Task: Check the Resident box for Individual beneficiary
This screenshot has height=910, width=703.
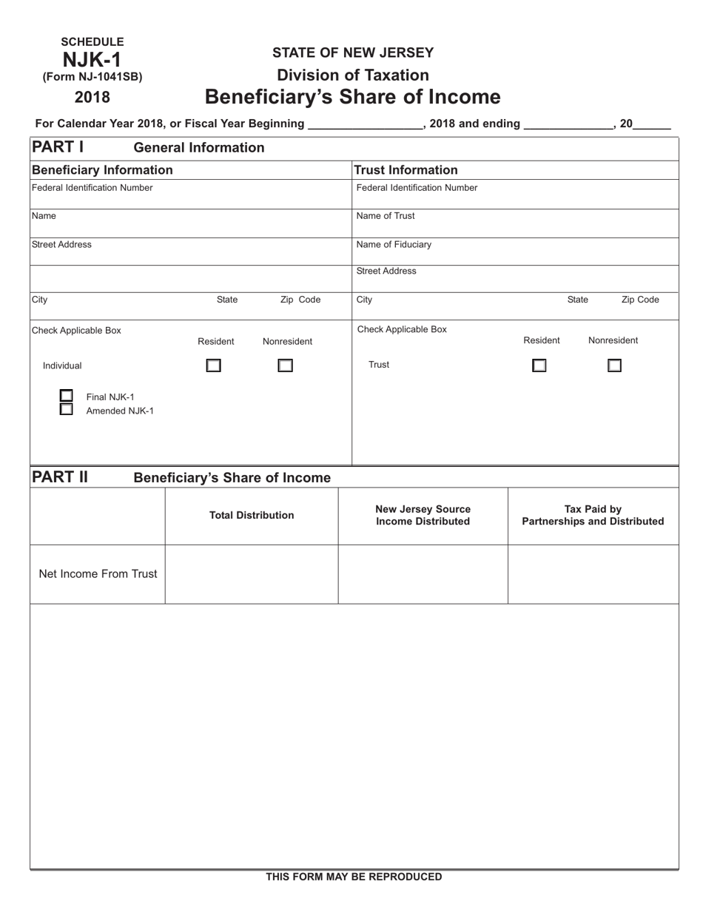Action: pos(213,365)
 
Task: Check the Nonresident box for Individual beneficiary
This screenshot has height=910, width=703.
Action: pos(285,365)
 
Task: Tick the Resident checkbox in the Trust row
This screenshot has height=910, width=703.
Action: pos(539,365)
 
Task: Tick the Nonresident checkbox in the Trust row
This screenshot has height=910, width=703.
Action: pos(614,365)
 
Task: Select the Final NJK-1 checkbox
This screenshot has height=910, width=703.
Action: pos(67,396)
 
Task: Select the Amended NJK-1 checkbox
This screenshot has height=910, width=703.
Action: pos(67,409)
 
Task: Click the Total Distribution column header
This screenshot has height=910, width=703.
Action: pos(252,516)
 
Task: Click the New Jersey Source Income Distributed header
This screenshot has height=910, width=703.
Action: pos(423,516)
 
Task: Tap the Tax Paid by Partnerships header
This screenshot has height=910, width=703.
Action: pos(593,516)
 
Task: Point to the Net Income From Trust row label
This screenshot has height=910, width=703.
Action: pos(98,574)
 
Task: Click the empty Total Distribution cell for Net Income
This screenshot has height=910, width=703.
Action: pos(252,574)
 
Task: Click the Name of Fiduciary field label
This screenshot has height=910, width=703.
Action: pos(394,245)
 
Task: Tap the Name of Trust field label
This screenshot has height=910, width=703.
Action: pos(386,216)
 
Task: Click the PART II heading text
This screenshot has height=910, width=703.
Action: pos(59,477)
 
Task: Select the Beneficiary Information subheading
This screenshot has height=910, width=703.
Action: pos(102,170)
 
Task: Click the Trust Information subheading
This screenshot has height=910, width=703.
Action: pos(406,170)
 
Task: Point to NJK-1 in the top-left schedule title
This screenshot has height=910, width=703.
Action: pos(92,59)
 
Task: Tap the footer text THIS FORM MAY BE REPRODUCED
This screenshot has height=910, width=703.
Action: pos(354,877)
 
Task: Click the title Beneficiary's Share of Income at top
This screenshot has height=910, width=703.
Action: pos(352,98)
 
